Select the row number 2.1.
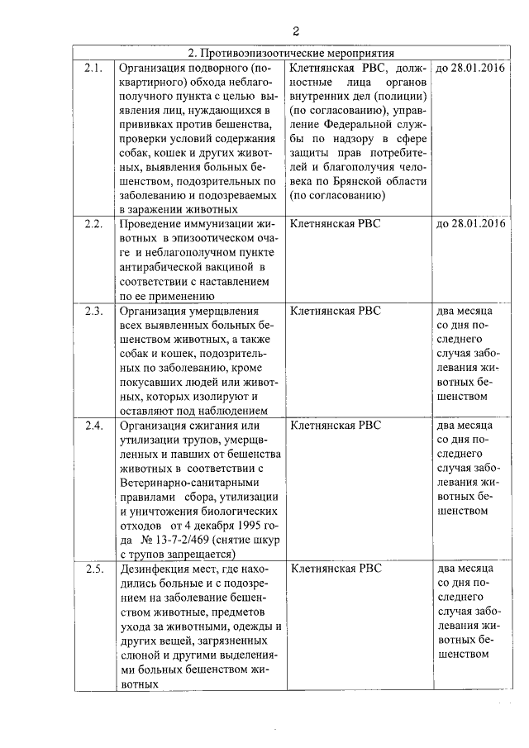[93, 68]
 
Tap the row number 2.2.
[93, 224]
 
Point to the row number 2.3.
[93, 311]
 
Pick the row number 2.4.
[93, 426]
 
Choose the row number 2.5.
[93, 569]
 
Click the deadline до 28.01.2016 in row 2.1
[469, 68]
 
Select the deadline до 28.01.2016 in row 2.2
[469, 224]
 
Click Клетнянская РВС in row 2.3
[336, 311]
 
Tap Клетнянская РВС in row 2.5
[336, 569]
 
